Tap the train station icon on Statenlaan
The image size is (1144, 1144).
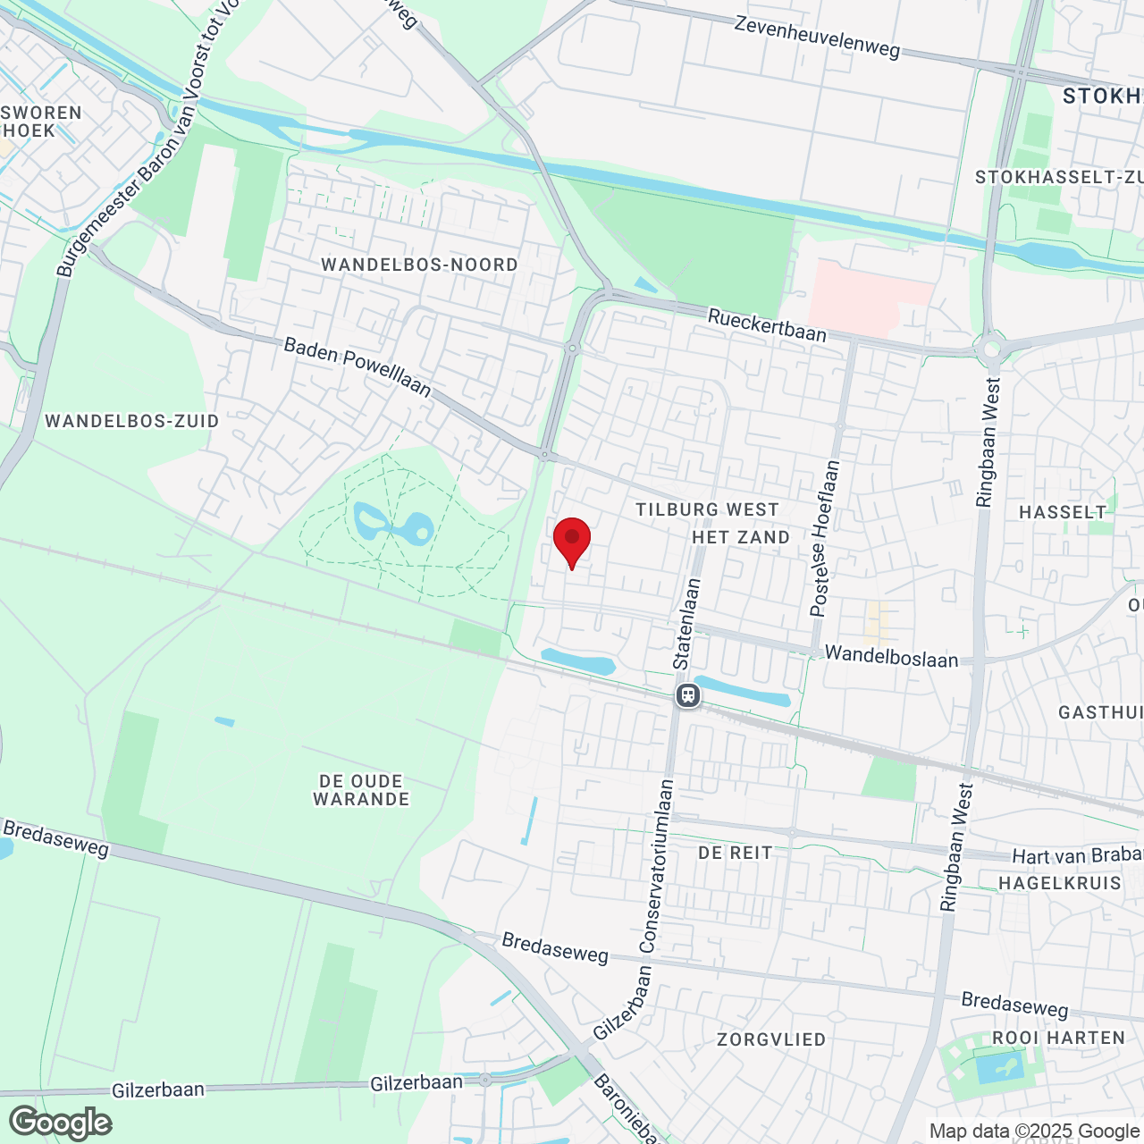(687, 694)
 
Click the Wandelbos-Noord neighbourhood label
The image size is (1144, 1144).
(419, 265)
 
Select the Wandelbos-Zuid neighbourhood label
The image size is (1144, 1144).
(132, 421)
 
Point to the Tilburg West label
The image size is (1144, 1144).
(707, 509)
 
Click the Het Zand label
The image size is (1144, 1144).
(741, 537)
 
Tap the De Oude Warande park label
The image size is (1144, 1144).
(361, 790)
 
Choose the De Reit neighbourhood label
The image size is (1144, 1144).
(735, 853)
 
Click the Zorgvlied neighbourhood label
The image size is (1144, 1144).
(771, 1039)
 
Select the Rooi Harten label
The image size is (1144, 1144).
(1058, 1038)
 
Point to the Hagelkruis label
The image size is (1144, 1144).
(1059, 883)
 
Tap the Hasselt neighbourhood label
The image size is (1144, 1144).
(1063, 512)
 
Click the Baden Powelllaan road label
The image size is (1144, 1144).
(357, 366)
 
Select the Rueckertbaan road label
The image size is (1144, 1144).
(767, 324)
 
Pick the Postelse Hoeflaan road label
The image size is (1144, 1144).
(825, 538)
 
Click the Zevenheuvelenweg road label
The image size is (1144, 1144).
(817, 36)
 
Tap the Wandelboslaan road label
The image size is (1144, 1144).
(891, 657)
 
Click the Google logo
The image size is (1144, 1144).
(61, 1123)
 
